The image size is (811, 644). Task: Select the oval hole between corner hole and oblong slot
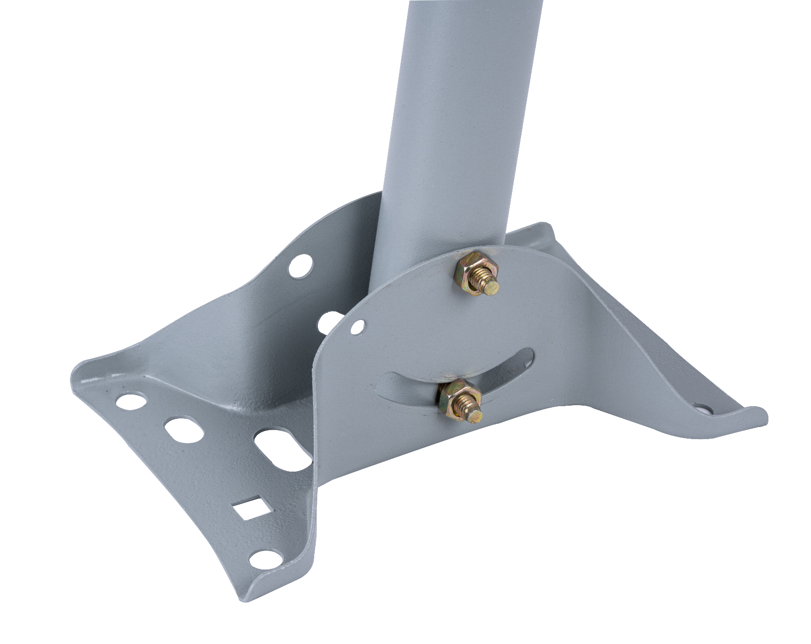click(x=183, y=431)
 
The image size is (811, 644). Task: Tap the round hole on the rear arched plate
click(x=301, y=266)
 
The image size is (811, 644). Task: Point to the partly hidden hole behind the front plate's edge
click(x=329, y=323)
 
